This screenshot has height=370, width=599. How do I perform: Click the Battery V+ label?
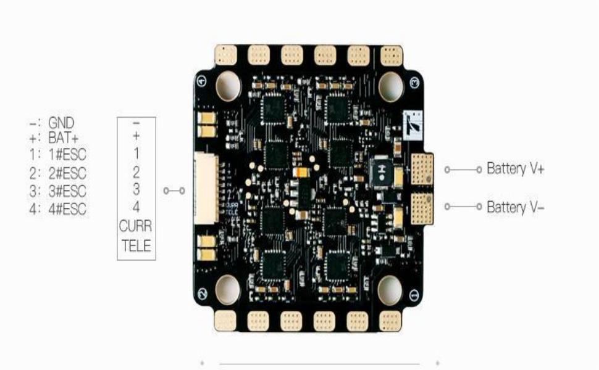515,168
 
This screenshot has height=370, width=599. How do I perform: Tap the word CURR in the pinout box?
136,226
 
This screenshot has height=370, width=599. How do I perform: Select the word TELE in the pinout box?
136,247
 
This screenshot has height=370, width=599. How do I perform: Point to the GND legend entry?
61,123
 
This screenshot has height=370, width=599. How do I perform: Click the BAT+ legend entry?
64,138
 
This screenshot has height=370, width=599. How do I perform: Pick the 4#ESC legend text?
67,209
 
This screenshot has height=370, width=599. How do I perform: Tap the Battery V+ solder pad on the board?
423,168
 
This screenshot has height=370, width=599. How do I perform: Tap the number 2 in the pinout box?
136,171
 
